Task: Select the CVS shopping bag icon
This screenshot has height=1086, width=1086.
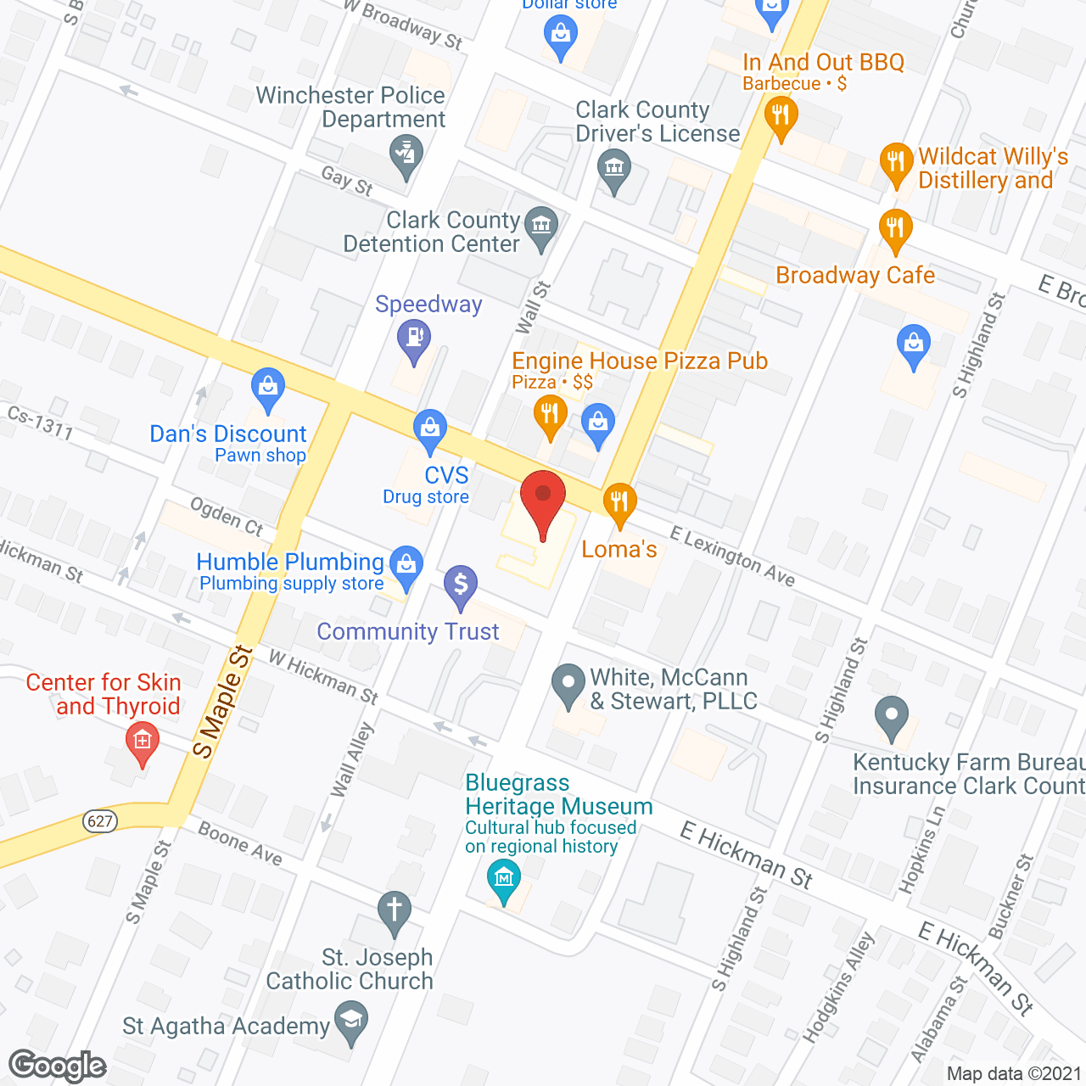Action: [x=430, y=429]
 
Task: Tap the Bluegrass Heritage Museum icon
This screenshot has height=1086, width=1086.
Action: [x=505, y=878]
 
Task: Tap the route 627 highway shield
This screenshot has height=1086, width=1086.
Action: [x=100, y=820]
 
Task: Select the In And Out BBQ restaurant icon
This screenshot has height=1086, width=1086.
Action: [x=781, y=117]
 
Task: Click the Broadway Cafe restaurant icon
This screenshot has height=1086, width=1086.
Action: [x=895, y=229]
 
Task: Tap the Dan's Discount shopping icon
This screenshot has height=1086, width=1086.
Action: [x=268, y=388]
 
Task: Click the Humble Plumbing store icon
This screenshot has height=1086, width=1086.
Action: [x=407, y=565]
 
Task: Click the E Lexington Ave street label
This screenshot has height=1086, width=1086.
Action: [x=732, y=557]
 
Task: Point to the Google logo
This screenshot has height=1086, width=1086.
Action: [x=58, y=1066]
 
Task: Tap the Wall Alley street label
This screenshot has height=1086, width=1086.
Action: [x=353, y=760]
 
